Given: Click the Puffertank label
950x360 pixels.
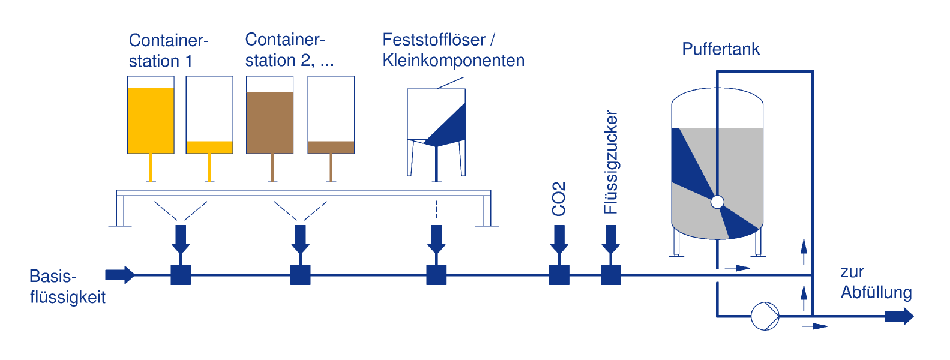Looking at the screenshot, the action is [x=721, y=49].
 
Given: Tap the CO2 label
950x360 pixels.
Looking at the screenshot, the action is [x=559, y=199].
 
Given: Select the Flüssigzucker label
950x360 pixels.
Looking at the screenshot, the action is [x=611, y=162].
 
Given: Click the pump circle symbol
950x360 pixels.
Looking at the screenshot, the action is [x=765, y=316].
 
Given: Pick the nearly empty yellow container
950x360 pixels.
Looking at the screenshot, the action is [x=209, y=115].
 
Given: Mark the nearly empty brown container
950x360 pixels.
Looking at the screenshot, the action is [x=331, y=115].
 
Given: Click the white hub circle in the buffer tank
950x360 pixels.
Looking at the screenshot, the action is [x=717, y=202].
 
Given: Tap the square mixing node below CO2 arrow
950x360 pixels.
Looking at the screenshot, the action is [x=559, y=275].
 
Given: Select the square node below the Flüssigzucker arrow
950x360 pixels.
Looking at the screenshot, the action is [x=611, y=275].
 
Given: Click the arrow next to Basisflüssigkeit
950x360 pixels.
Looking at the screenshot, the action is [x=120, y=275].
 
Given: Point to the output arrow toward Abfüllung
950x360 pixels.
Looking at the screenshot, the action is [x=899, y=316].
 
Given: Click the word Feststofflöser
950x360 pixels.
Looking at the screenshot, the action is [x=434, y=40].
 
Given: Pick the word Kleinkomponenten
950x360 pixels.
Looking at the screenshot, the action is [x=453, y=61].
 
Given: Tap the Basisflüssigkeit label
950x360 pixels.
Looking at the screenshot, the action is [x=67, y=287].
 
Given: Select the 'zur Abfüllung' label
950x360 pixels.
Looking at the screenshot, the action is [x=876, y=283].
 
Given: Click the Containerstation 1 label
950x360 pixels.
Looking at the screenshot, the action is [x=169, y=50].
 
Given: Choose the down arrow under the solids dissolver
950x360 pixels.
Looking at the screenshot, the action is [x=436, y=239].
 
